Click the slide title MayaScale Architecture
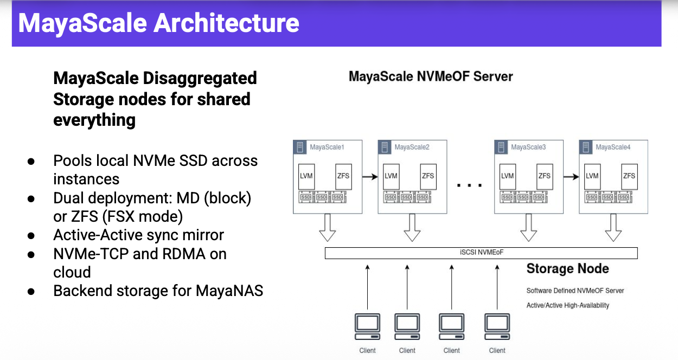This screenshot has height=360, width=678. tap(158, 23)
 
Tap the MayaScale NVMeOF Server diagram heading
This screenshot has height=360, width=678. tap(431, 76)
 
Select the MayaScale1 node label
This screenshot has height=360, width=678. tap(327, 147)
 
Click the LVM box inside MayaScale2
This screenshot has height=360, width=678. tap(391, 176)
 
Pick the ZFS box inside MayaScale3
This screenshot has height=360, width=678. tap(545, 176)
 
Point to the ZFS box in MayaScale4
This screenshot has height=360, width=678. tap(629, 176)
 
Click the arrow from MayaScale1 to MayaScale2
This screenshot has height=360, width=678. tap(370, 176)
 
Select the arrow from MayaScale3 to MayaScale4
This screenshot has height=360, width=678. tap(571, 176)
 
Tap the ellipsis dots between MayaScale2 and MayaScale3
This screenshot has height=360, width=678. tap(470, 185)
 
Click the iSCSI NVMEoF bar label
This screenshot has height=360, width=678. tap(481, 253)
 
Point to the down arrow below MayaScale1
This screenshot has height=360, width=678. tap(327, 228)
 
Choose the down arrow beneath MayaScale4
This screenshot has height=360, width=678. tap(613, 228)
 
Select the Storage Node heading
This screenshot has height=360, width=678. tap(567, 269)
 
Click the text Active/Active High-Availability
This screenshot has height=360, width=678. tap(567, 305)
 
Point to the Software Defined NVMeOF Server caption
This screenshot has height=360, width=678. tap(575, 291)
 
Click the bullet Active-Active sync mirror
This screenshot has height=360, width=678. tap(138, 235)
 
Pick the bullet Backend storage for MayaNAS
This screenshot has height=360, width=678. tap(158, 291)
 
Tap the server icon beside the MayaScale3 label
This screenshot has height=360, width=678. tap(503, 147)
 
